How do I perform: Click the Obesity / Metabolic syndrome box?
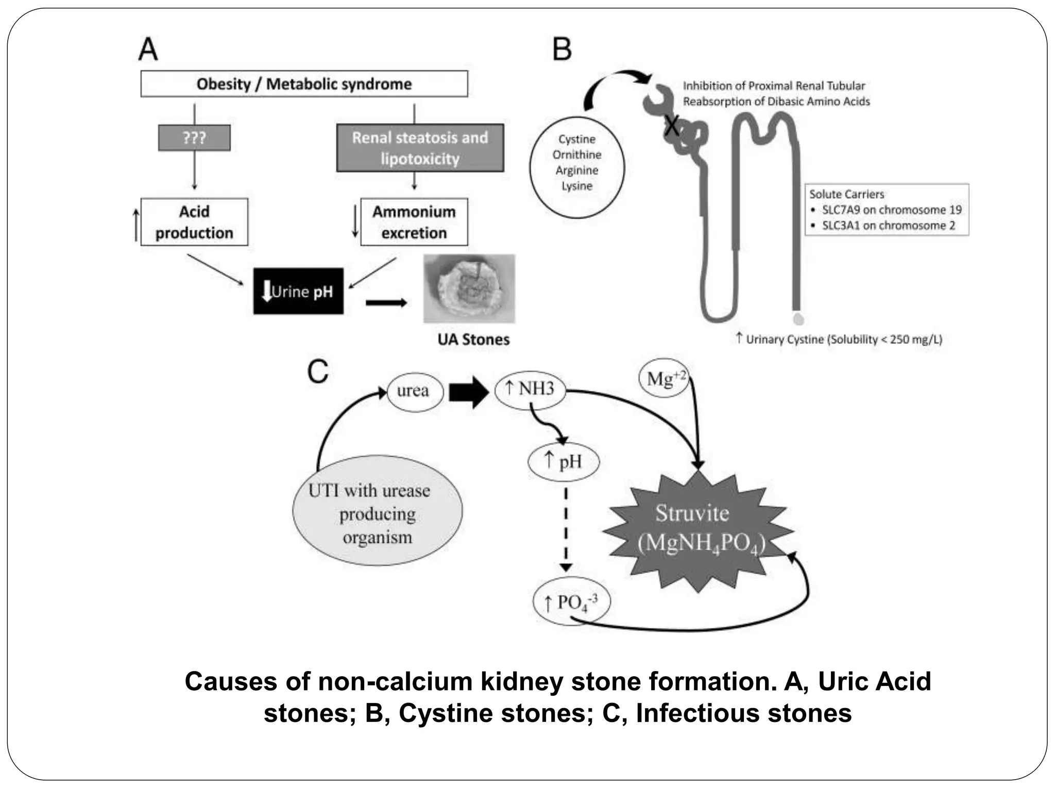(304, 84)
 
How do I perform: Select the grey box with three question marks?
(194, 137)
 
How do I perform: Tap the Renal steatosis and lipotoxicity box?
(420, 148)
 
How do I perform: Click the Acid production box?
(194, 222)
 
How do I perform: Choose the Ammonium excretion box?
(414, 222)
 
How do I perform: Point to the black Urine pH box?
(298, 291)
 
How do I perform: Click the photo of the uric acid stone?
(469, 288)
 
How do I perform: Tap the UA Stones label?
(473, 339)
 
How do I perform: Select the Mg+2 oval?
(664, 379)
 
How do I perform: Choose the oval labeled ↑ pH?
(564, 461)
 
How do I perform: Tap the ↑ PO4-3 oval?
(571, 601)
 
